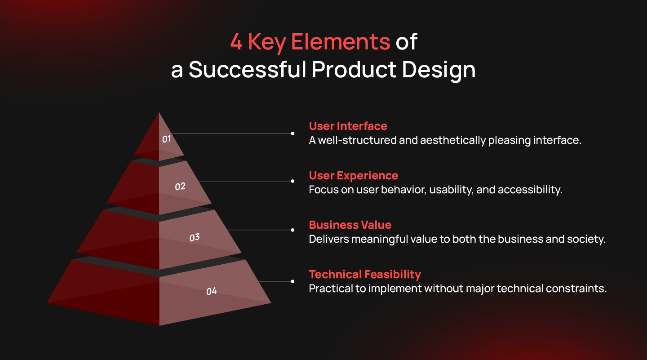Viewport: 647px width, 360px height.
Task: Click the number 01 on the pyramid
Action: click(x=166, y=139)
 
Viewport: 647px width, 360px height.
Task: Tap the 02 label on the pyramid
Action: click(x=180, y=187)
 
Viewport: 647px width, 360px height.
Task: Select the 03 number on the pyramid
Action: click(x=195, y=237)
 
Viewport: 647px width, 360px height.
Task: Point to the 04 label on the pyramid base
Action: click(x=212, y=291)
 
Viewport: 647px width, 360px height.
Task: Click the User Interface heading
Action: click(x=348, y=126)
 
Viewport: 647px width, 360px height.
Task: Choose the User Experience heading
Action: click(x=354, y=175)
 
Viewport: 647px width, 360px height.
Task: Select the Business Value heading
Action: click(x=350, y=225)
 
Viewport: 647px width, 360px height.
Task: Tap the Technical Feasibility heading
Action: click(x=365, y=275)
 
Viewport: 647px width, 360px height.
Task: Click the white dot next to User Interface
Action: click(x=292, y=133)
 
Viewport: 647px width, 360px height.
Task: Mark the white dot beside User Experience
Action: click(x=292, y=181)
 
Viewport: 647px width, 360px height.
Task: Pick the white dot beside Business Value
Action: click(x=292, y=230)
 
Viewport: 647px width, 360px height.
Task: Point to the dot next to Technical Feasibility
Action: click(x=292, y=281)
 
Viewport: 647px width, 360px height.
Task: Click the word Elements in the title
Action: click(x=341, y=42)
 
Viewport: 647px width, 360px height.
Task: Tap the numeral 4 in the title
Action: click(x=236, y=42)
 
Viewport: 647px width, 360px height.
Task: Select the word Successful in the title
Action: click(x=247, y=70)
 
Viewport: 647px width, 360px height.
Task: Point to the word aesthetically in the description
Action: click(x=453, y=140)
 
